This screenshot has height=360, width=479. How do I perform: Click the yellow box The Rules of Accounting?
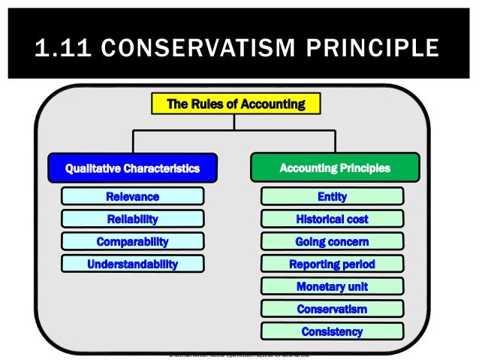point(236,104)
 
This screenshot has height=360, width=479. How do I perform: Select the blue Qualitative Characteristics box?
point(132,168)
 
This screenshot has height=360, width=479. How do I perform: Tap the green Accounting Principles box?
point(335,168)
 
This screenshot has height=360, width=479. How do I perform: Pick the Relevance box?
point(132,197)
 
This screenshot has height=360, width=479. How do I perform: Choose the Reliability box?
point(132,219)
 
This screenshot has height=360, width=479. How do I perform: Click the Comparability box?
point(132,242)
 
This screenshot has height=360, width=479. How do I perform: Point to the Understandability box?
point(132,265)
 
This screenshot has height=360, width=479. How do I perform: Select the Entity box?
point(332,197)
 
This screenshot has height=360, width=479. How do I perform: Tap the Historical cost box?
point(332,219)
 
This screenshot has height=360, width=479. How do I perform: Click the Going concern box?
point(332,242)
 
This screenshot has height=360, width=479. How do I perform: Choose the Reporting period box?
point(332,265)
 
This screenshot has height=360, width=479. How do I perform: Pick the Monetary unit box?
point(332,286)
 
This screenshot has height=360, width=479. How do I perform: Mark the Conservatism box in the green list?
point(332,309)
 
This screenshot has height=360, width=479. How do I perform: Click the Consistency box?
point(332,331)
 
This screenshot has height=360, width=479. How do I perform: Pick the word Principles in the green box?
point(363,168)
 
